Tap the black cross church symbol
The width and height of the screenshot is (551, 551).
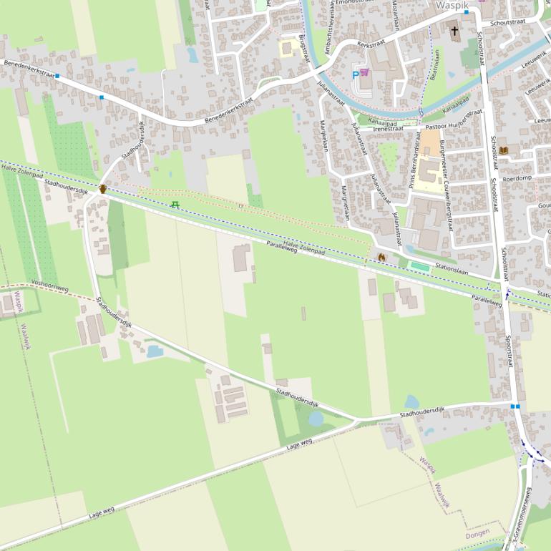point(454,31)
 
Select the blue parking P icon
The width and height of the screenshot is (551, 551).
point(355,74)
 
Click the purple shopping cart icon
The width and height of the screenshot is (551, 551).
point(365,72)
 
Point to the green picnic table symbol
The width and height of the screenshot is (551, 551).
point(175,205)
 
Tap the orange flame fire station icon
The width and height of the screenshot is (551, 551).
point(381,256)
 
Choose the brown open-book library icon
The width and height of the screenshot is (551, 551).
point(503,150)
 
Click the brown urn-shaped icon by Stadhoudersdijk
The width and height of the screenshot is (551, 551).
point(103,189)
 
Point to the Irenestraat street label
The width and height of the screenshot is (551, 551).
point(389,128)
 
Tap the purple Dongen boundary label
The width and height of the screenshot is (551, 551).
point(477,535)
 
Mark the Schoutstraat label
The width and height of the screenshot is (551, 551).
point(509,22)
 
